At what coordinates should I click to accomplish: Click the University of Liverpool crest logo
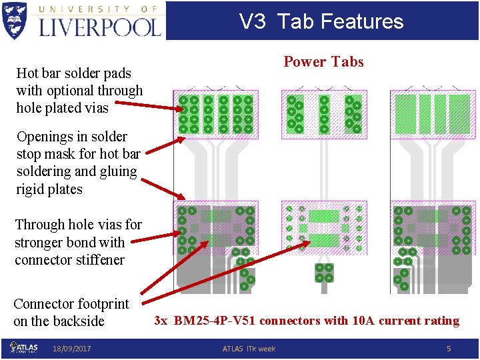coord(15,20)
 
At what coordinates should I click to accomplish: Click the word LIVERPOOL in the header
coord(101,26)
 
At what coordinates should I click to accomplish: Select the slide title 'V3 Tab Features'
coord(321,21)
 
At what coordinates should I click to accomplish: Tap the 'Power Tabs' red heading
coord(323,62)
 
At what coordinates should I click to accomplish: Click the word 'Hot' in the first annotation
coord(27,73)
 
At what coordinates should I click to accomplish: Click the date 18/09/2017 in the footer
coord(72,349)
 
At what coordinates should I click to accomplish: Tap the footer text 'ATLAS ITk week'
coord(248,349)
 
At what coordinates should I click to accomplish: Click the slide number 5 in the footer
coord(449,348)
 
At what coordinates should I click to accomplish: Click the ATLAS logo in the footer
coord(25,347)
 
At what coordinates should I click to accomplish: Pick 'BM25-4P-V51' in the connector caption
coord(215,321)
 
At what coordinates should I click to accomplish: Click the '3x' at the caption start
coord(161,321)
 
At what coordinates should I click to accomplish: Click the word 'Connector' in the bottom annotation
coord(43,304)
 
